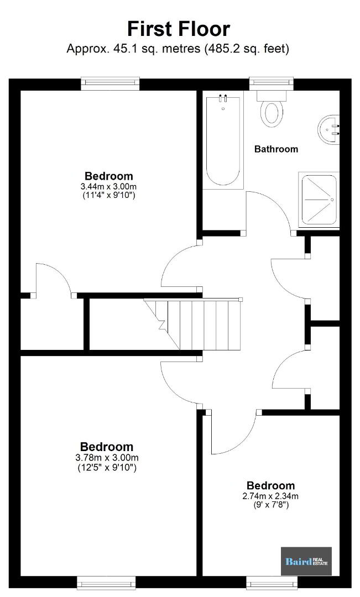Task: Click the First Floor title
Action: click(x=178, y=29)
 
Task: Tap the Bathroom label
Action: click(x=276, y=149)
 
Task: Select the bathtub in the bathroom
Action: click(x=223, y=140)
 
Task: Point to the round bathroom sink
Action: click(x=328, y=129)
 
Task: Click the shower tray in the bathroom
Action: click(x=319, y=200)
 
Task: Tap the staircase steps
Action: click(x=193, y=324)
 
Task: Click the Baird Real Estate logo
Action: click(x=306, y=561)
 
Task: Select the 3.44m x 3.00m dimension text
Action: click(x=108, y=187)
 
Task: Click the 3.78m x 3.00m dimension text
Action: click(x=107, y=457)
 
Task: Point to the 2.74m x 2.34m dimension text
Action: click(x=270, y=496)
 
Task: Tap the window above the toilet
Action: click(x=272, y=84)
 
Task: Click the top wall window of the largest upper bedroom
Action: click(x=110, y=84)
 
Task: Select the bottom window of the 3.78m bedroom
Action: click(x=106, y=583)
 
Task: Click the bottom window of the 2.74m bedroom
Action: click(x=272, y=583)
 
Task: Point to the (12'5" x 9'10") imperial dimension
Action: click(x=107, y=467)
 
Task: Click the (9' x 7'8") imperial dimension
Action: click(x=271, y=505)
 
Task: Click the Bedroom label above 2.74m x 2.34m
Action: click(x=270, y=485)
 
